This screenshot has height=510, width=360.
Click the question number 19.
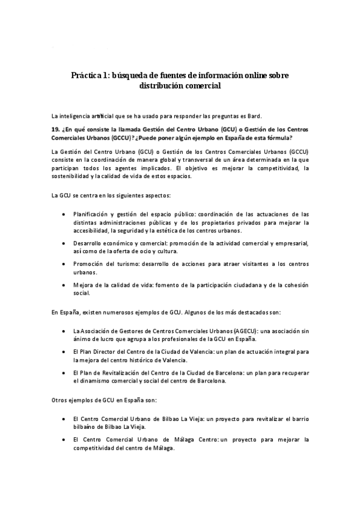(x=56, y=129)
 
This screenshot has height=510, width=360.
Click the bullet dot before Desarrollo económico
(x=64, y=243)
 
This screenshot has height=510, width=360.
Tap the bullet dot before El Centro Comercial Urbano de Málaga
(x=64, y=440)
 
